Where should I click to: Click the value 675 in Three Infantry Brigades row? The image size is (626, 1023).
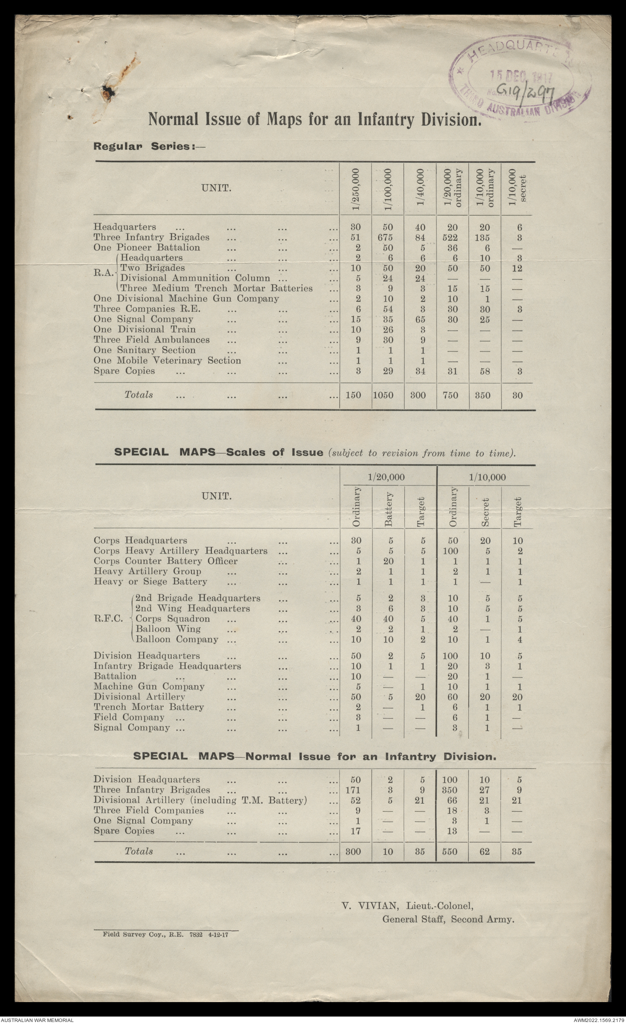(x=387, y=237)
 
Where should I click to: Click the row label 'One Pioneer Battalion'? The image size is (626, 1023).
(x=147, y=248)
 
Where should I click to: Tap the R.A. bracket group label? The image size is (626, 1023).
(x=103, y=273)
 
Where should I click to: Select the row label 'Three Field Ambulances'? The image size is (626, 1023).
(x=152, y=340)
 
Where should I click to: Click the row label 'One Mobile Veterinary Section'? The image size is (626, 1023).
(x=167, y=361)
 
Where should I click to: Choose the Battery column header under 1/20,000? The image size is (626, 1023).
(x=388, y=509)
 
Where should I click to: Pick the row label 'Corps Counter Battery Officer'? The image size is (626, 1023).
(x=166, y=561)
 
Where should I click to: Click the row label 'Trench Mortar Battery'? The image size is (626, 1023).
(x=149, y=707)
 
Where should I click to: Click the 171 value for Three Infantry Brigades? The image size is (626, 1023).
(x=355, y=790)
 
